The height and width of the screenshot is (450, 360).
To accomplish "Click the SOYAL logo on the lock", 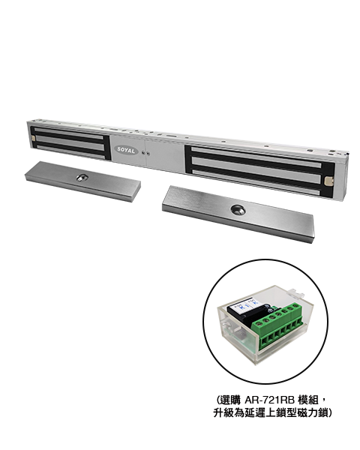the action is click(x=126, y=150).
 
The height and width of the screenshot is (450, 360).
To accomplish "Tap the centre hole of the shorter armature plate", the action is click(x=82, y=178).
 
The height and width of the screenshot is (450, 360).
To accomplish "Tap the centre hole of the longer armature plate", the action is click(x=238, y=210).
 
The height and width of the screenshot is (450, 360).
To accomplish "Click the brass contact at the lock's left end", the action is click(x=33, y=139).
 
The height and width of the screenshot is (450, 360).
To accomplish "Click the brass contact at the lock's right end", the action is click(x=328, y=181).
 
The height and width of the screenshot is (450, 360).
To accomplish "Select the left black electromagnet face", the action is click(x=70, y=142).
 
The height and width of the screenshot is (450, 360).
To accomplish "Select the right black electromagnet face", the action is click(x=259, y=172).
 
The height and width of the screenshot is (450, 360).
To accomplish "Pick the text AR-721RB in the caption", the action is click(x=269, y=400).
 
